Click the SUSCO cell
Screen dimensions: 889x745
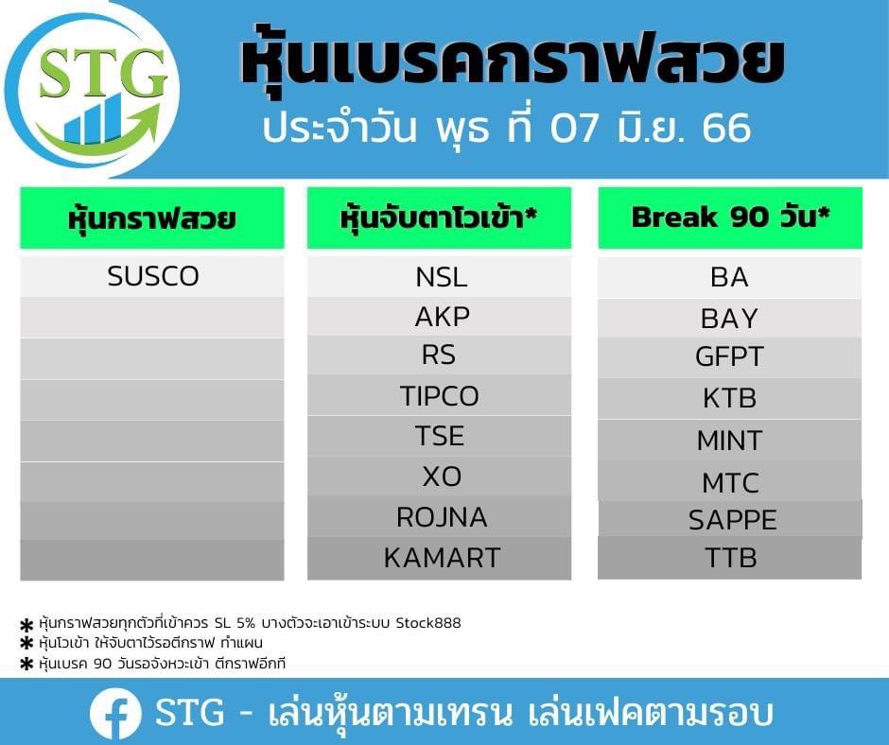pyautogui.click(x=152, y=276)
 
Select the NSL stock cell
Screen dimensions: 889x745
pyautogui.click(x=440, y=277)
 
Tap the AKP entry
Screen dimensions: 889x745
pyautogui.click(x=440, y=317)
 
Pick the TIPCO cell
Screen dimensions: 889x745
pyautogui.click(x=440, y=395)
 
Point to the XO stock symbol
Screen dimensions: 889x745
pyautogui.click(x=440, y=476)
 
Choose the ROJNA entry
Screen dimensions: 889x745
pyautogui.click(x=440, y=516)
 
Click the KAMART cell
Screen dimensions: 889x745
pyautogui.click(x=440, y=558)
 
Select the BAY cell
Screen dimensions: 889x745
pyautogui.click(x=730, y=318)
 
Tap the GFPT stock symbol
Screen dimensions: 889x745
pyautogui.click(x=730, y=356)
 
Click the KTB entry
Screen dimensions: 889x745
pyautogui.click(x=730, y=398)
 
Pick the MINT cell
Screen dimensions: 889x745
pyautogui.click(x=730, y=440)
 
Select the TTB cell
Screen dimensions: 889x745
pyautogui.click(x=730, y=558)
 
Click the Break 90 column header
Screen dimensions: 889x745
pyautogui.click(x=730, y=217)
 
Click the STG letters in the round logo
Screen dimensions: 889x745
pyautogui.click(x=103, y=73)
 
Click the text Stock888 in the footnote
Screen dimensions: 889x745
pyautogui.click(x=428, y=623)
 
